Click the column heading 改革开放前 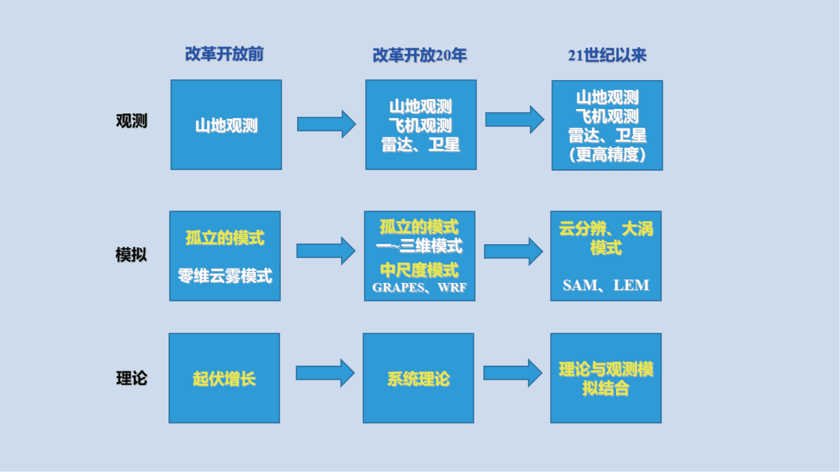point(224,54)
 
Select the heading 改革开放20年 point(419,55)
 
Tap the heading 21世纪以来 point(607,55)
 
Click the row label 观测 point(131,121)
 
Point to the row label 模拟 point(131,255)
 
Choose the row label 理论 point(131,378)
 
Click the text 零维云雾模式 point(225,276)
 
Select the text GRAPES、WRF point(419,287)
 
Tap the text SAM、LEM point(606,285)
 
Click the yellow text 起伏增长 point(224,379)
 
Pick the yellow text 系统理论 point(418,379)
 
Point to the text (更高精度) point(607,155)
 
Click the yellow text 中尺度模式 point(419,270)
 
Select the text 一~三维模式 point(419,246)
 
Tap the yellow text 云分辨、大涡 point(606,229)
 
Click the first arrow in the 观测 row point(326,124)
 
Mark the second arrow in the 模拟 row point(513,251)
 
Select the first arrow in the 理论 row point(325,373)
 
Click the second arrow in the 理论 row point(513,373)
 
